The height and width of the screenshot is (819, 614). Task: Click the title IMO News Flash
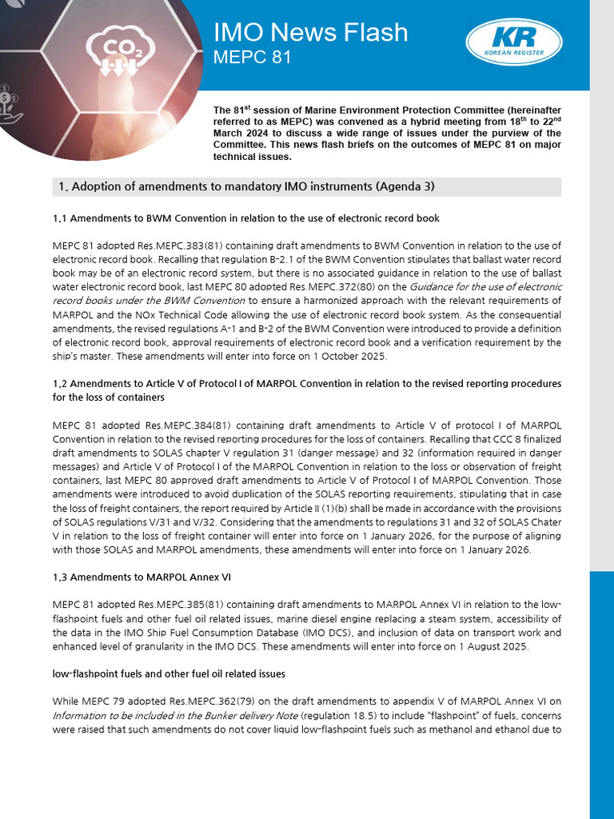[310, 32]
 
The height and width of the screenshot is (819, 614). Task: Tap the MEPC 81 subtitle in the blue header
[252, 58]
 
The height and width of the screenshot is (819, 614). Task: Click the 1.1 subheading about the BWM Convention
[246, 218]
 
